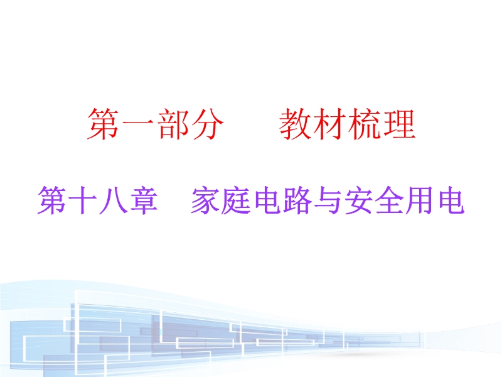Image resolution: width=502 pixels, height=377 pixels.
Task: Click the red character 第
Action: click(x=104, y=124)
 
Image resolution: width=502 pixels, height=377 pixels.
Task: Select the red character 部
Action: click(x=172, y=124)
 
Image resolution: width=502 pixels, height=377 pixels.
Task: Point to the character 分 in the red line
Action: click(x=206, y=124)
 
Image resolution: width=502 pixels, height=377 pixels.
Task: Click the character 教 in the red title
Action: click(x=296, y=124)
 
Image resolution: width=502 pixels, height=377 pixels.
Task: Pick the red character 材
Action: click(x=330, y=124)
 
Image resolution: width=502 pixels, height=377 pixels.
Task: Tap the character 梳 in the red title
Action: click(x=365, y=124)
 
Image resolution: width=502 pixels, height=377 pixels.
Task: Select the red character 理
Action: click(x=399, y=124)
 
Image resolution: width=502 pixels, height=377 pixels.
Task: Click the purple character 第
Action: click(x=52, y=200)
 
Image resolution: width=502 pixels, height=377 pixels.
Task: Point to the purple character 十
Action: click(x=83, y=200)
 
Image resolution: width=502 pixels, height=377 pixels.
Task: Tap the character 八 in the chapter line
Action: click(x=113, y=200)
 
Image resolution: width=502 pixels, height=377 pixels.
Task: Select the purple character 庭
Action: click(x=236, y=200)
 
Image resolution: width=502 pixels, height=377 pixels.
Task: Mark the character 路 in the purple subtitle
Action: click(x=297, y=200)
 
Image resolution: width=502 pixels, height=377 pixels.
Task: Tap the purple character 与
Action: click(x=327, y=200)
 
